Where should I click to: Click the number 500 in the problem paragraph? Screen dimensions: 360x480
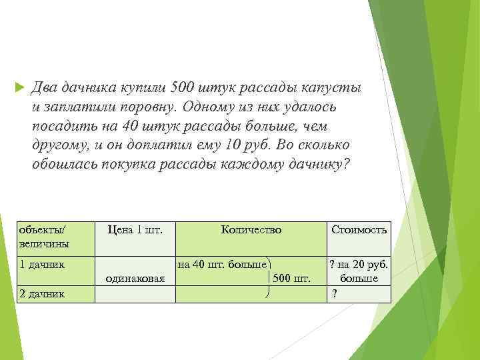click(183, 88)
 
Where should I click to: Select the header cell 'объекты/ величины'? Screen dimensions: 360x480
click(45, 236)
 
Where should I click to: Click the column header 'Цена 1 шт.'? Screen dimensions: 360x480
click(135, 230)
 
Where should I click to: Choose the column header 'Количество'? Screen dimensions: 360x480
click(251, 230)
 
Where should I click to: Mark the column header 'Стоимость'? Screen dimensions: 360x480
click(359, 230)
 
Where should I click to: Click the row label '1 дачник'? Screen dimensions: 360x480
click(42, 263)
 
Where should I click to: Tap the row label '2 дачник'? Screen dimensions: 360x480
click(42, 294)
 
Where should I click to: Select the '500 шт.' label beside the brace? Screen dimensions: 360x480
click(292, 279)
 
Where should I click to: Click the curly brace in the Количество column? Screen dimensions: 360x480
click(267, 278)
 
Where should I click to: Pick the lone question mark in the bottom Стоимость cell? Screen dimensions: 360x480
click(335, 293)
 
